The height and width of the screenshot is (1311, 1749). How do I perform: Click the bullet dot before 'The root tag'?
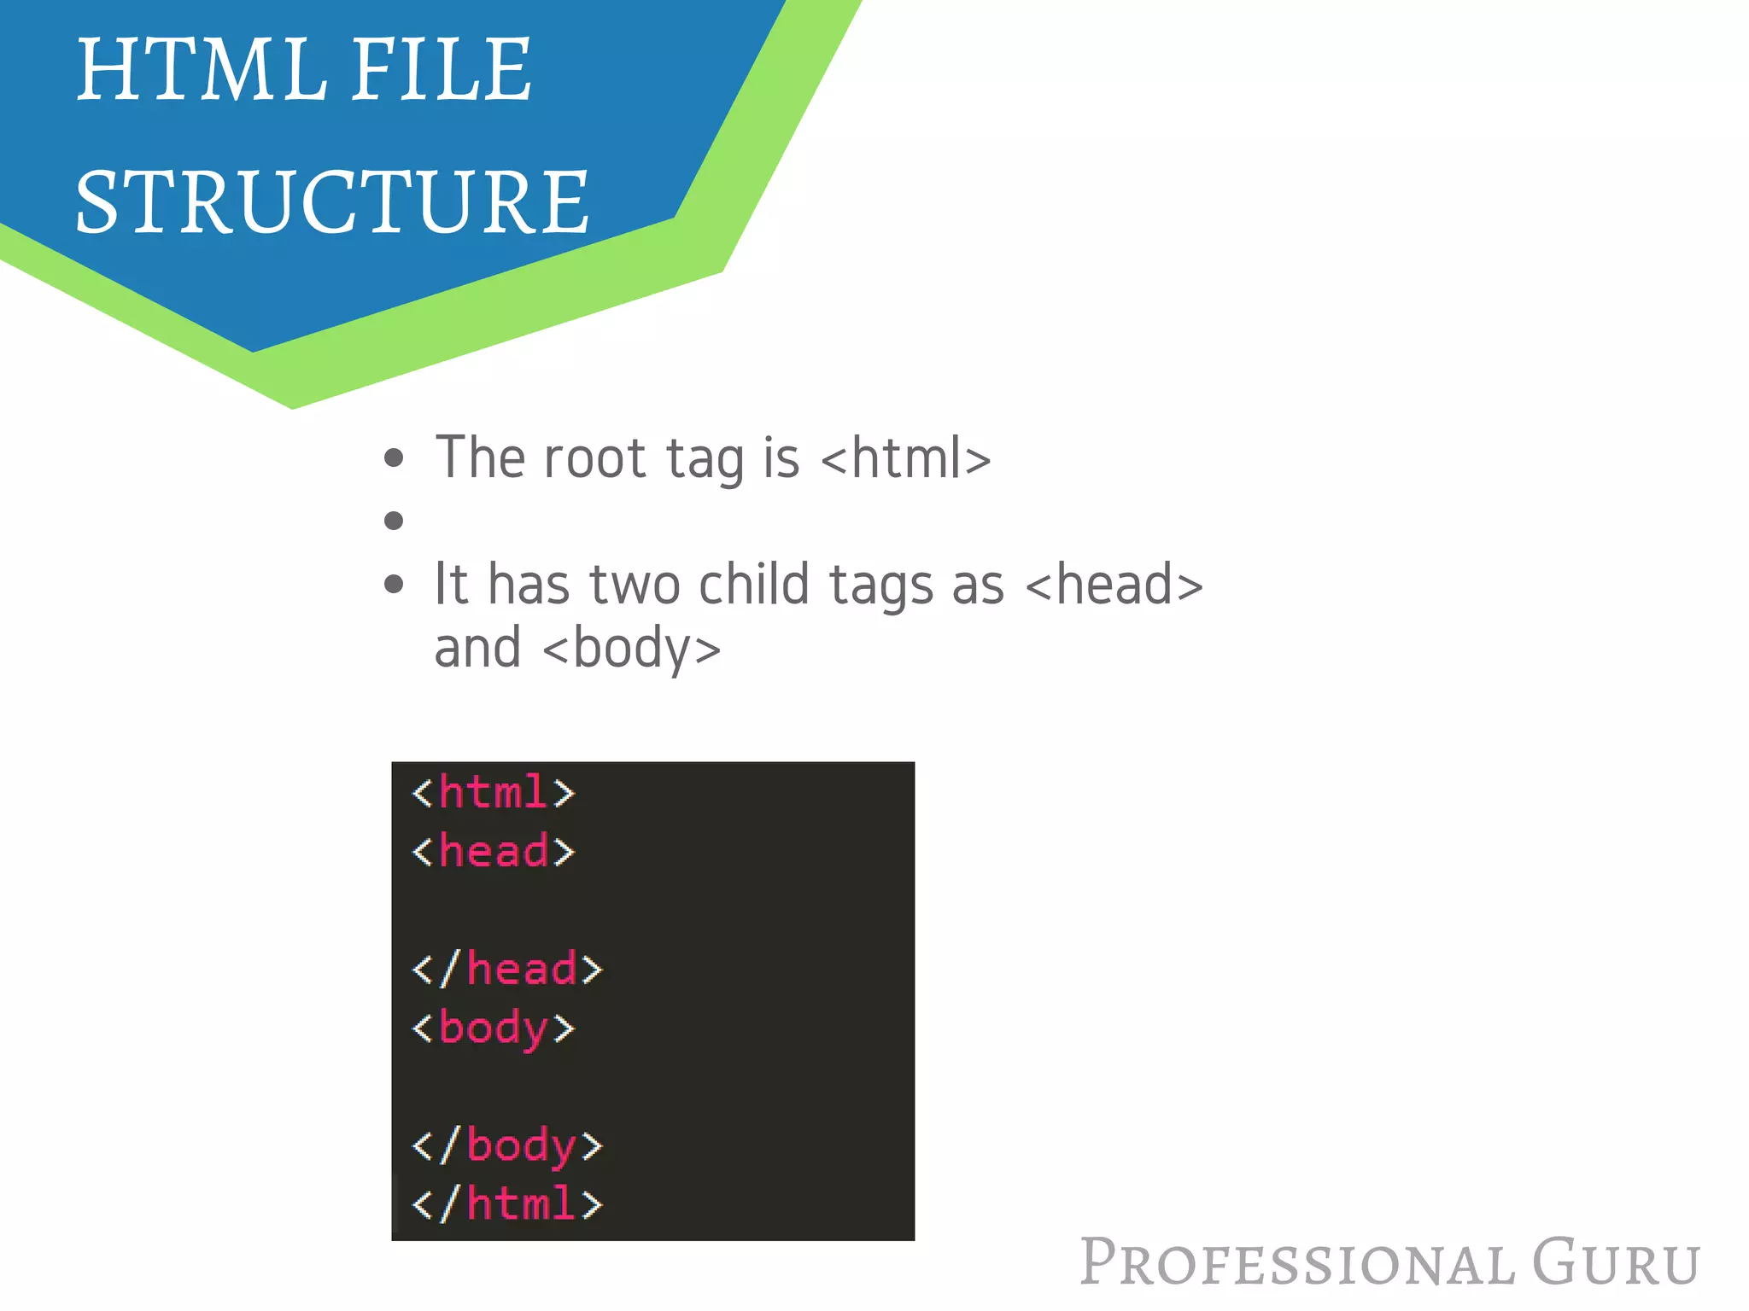pos(394,458)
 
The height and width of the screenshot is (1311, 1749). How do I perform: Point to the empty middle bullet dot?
pos(394,521)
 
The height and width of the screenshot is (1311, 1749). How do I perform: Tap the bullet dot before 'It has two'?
pos(394,585)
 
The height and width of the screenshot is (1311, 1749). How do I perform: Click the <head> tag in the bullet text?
pos(1114,586)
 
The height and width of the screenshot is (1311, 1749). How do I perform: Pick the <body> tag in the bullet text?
pos(632,649)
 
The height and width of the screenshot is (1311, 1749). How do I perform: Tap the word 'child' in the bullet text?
pos(753,586)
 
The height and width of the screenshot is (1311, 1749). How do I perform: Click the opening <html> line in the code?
pos(494,793)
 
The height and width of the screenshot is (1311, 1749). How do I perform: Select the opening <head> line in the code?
pos(494,852)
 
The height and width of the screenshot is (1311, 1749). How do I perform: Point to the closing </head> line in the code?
pos(507,970)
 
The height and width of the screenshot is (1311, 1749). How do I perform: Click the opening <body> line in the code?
pos(494,1028)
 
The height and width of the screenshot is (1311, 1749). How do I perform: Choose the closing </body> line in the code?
pos(507,1145)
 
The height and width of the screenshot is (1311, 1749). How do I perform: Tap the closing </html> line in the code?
pos(507,1204)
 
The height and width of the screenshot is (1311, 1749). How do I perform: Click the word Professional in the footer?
pos(1297,1262)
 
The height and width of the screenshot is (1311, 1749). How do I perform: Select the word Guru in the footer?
pos(1616,1262)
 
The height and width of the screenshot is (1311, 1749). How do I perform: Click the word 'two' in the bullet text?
pos(635,586)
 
